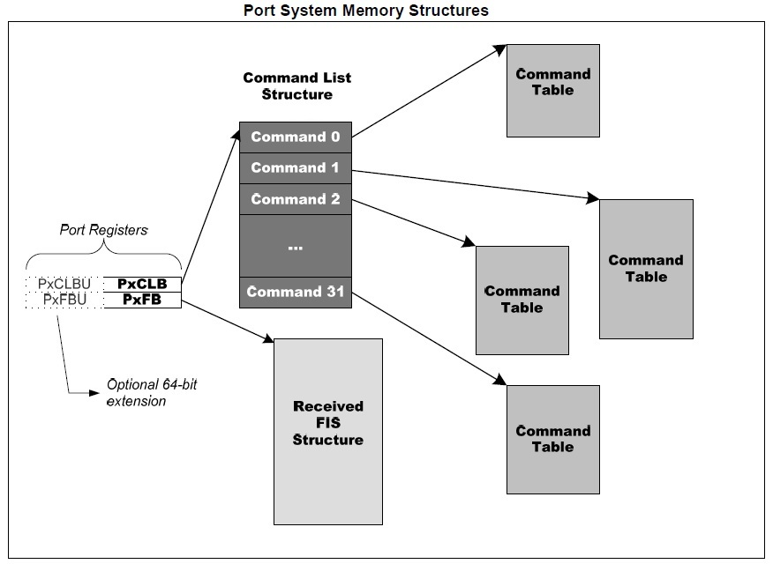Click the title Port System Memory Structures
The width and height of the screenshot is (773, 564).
pyautogui.click(x=365, y=11)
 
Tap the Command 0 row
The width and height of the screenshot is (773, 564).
pyautogui.click(x=296, y=137)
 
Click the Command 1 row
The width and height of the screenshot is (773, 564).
pyautogui.click(x=296, y=167)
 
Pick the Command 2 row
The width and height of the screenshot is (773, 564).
pyautogui.click(x=296, y=199)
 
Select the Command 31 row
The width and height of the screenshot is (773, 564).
pyautogui.click(x=296, y=292)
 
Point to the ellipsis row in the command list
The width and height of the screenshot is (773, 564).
pyautogui.click(x=296, y=246)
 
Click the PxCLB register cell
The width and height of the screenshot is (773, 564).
pyautogui.click(x=142, y=284)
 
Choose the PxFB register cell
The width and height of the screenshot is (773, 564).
pyautogui.click(x=142, y=300)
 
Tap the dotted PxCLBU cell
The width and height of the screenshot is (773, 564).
pyautogui.click(x=64, y=284)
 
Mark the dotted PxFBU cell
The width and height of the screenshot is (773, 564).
pyautogui.click(x=64, y=300)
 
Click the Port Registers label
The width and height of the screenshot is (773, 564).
pyautogui.click(x=103, y=229)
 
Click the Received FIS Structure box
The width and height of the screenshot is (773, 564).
pyautogui.click(x=328, y=431)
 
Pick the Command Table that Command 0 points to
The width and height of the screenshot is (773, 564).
pyautogui.click(x=553, y=91)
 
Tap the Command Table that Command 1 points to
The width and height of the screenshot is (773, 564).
pyautogui.click(x=646, y=269)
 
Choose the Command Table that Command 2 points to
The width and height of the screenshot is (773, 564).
pyautogui.click(x=522, y=300)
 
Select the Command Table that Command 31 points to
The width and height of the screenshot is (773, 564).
pyautogui.click(x=552, y=439)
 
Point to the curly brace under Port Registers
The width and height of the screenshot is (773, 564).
pyautogui.click(x=103, y=257)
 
